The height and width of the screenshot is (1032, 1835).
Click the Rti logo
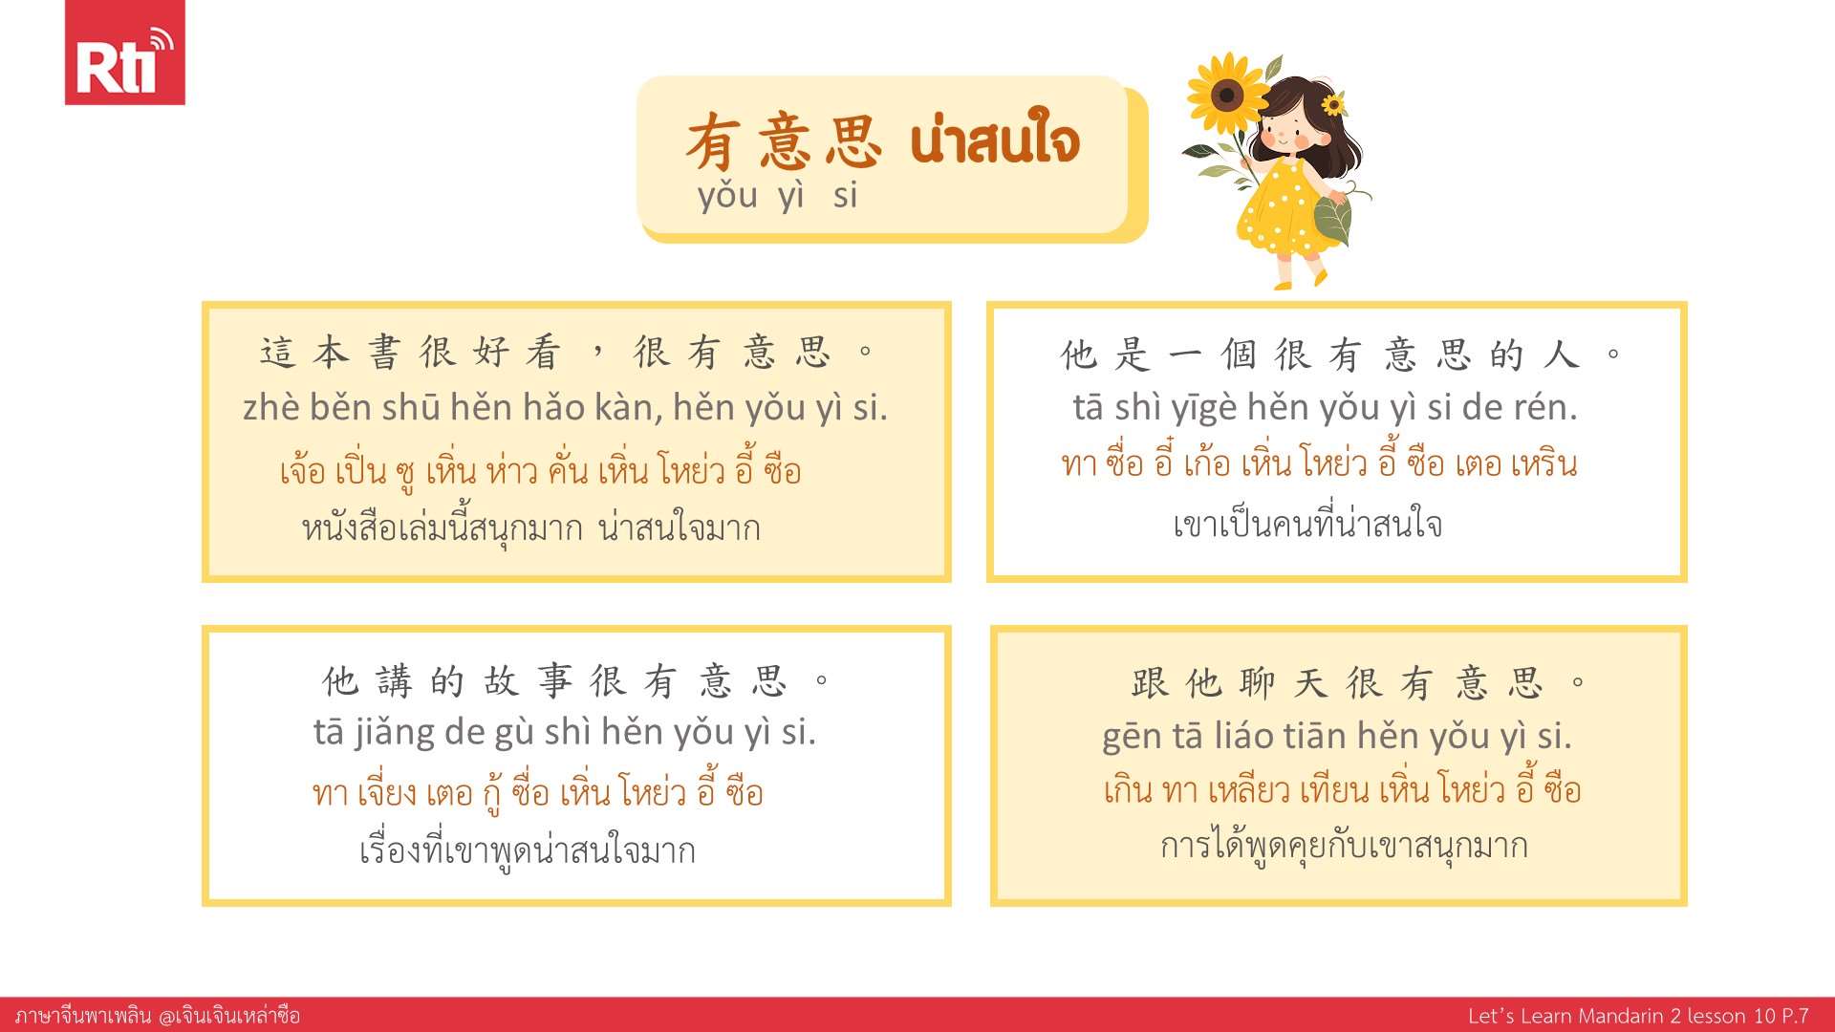coord(124,53)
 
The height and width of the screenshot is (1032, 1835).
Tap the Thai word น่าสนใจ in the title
coord(995,142)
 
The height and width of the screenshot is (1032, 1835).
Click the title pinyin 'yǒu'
coord(727,196)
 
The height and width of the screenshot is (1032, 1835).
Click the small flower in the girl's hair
coord(1332,103)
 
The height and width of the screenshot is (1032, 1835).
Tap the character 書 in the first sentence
coord(384,353)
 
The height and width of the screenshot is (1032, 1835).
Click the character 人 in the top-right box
coord(1561,355)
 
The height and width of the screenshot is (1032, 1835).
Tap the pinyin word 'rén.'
coord(1545,408)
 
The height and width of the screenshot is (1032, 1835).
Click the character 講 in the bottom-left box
coord(394,682)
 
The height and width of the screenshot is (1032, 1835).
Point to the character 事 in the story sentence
coord(555,682)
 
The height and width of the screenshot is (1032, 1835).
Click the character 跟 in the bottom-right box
coord(1150,684)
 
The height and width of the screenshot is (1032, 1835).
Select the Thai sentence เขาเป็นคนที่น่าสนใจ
coord(1307,524)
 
